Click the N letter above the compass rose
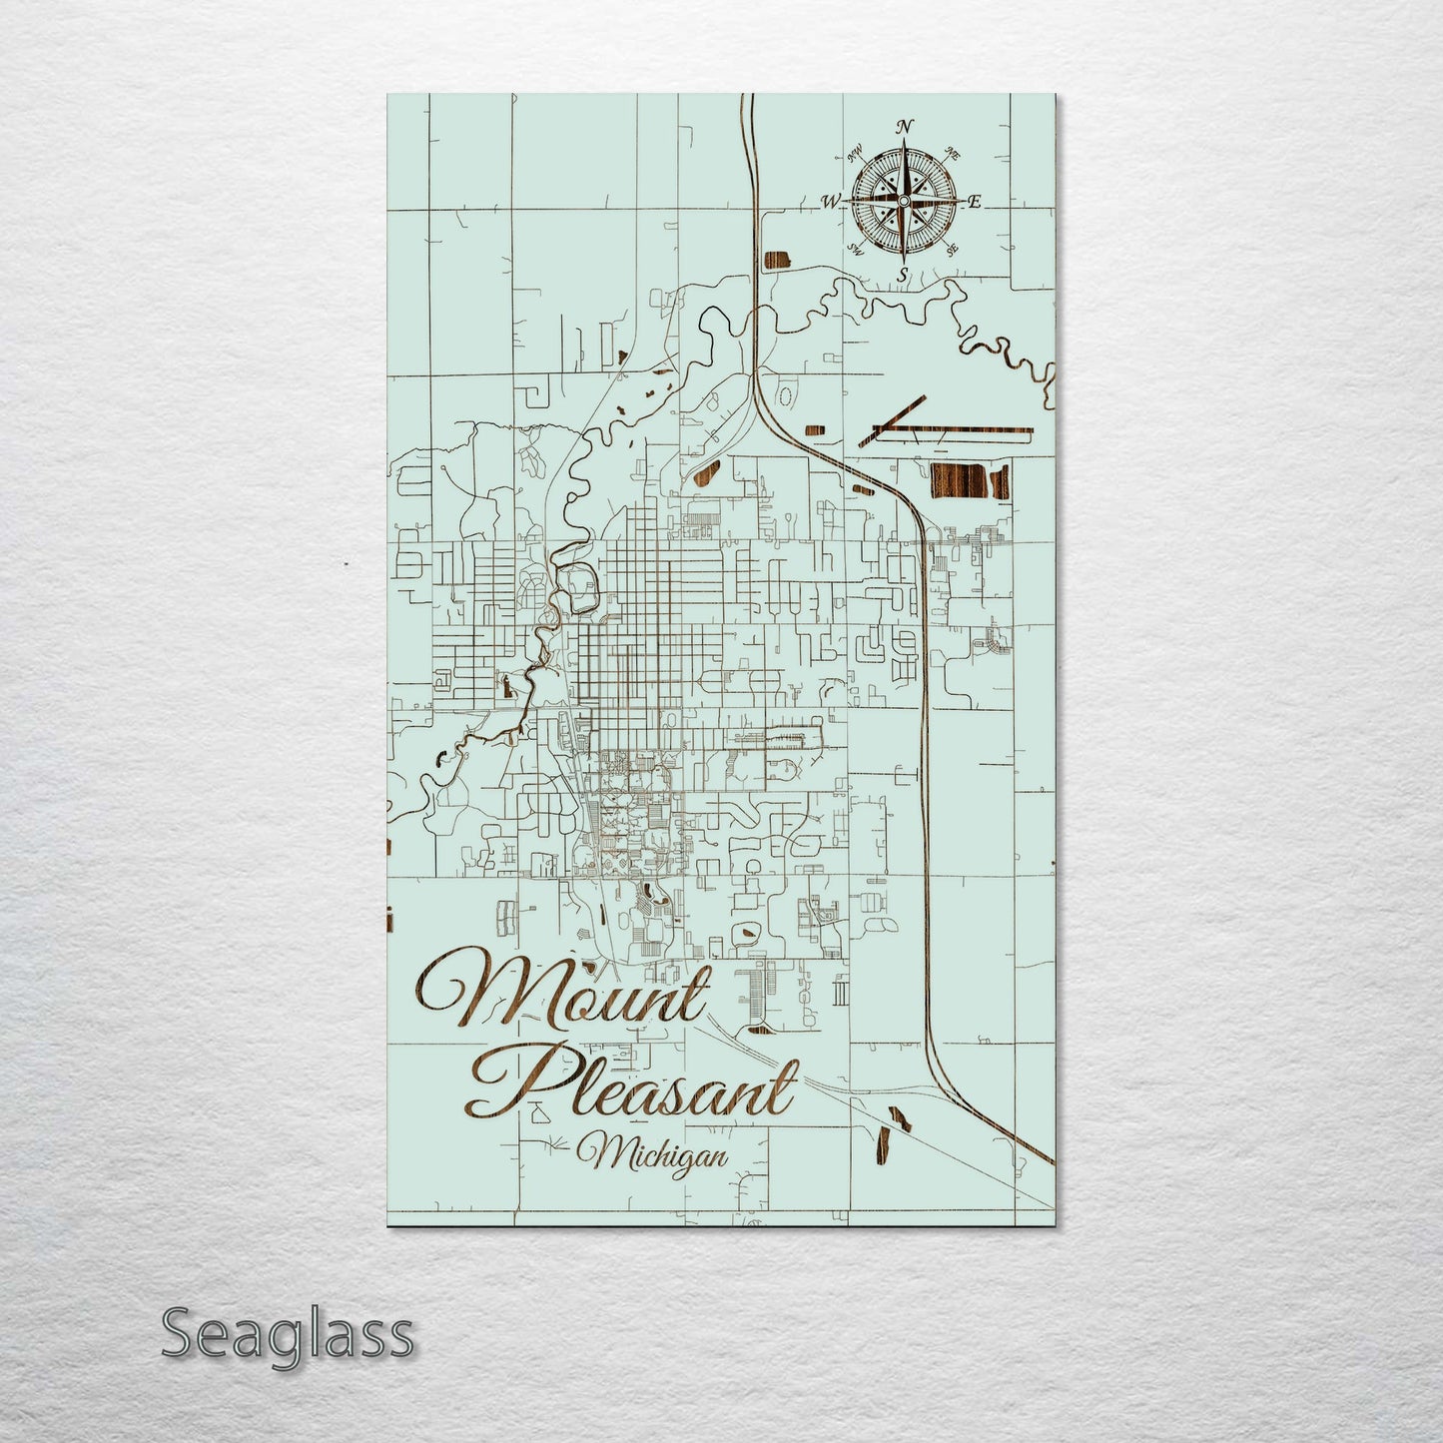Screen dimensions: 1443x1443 tap(905, 127)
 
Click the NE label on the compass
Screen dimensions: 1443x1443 tap(953, 155)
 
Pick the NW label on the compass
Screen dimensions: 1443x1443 tap(855, 155)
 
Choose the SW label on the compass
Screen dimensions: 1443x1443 tap(856, 249)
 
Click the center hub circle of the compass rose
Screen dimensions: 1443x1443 tap(903, 202)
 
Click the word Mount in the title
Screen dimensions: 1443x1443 tap(564, 989)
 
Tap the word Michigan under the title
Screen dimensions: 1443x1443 tap(659, 1154)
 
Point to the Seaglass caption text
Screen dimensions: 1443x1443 tap(287, 1333)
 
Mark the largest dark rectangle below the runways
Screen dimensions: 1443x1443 tap(970, 481)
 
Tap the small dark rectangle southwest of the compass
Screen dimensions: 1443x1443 tap(776, 263)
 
